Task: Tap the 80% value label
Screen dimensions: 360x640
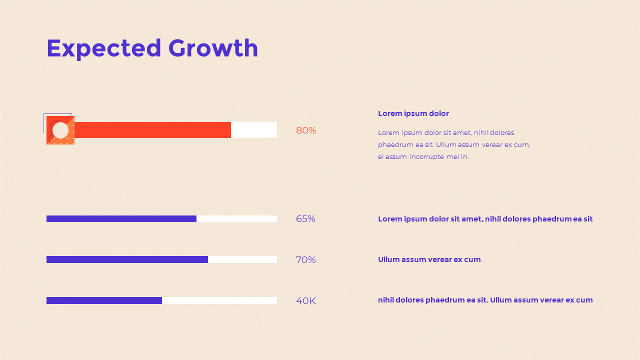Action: tap(306, 130)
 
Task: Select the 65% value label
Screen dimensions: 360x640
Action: tap(305, 219)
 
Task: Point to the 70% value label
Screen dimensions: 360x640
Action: tap(306, 260)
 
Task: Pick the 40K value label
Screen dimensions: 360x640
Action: tap(306, 301)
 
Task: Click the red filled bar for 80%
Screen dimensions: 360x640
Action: tap(152, 130)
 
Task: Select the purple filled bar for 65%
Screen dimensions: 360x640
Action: tap(121, 219)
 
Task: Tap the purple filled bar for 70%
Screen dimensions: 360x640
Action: tap(127, 259)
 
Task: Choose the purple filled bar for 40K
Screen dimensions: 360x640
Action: tap(104, 300)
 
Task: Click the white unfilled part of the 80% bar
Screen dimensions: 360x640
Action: tap(254, 130)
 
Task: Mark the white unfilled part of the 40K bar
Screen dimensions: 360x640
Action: tap(219, 300)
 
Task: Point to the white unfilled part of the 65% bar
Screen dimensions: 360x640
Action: tap(236, 219)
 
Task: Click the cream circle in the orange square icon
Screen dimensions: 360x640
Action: tap(60, 130)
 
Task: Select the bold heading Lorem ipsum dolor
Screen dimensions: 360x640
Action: tap(413, 113)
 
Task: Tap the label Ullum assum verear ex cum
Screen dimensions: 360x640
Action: tap(429, 259)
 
